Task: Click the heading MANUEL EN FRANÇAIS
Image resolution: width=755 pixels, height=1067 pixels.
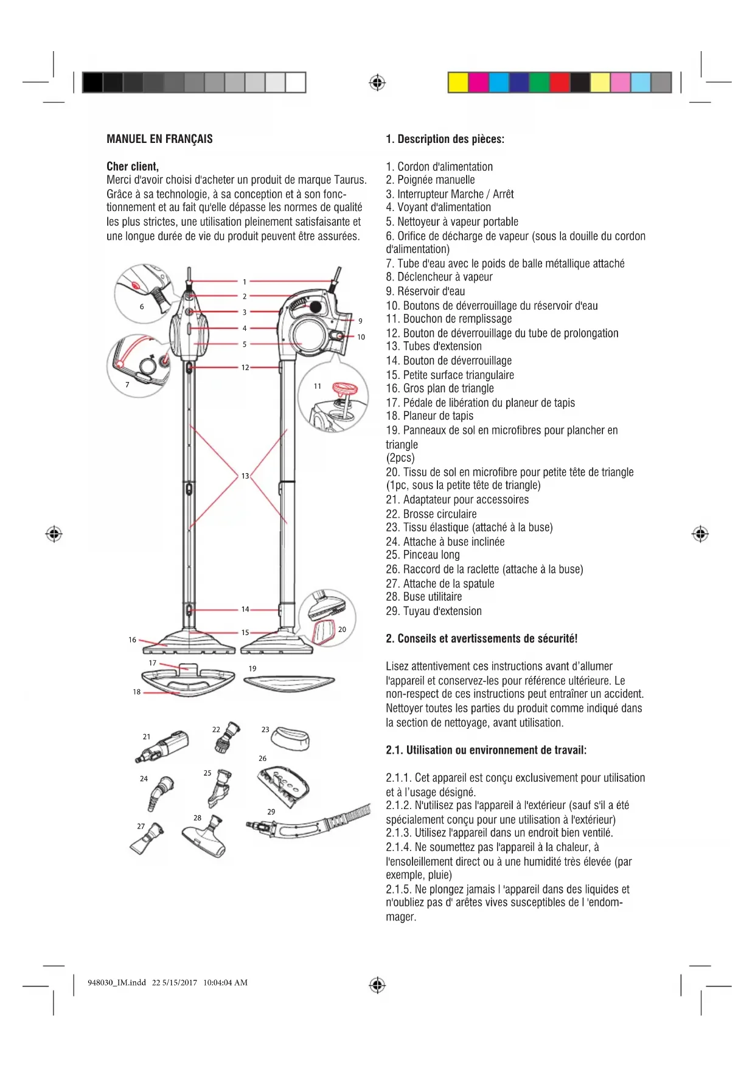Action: [159, 139]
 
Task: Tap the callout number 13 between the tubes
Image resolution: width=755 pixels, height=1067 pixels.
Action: [245, 476]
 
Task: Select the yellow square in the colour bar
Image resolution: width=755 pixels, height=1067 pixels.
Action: [458, 82]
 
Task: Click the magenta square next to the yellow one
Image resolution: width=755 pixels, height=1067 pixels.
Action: [478, 82]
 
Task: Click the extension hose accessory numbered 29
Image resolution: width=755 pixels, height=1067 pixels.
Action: [310, 822]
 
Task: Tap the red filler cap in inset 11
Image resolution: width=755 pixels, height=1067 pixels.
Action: [344, 389]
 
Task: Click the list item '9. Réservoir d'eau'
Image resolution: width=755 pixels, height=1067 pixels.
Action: [425, 291]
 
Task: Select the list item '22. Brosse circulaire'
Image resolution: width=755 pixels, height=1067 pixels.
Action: [431, 514]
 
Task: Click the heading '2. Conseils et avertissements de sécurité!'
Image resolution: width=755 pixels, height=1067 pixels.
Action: [481, 639]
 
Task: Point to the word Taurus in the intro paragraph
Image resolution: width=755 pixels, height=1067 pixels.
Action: [350, 180]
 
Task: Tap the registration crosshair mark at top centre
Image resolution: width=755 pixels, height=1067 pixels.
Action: [377, 82]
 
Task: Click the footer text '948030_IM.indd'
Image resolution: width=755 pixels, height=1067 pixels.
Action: [117, 982]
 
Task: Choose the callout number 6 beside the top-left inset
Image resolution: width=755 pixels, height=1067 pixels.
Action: [142, 307]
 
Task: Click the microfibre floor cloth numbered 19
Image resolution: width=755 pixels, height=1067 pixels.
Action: [289, 682]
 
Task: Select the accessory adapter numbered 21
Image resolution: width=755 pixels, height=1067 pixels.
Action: [163, 746]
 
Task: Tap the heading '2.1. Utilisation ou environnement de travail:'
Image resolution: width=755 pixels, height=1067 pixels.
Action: [486, 750]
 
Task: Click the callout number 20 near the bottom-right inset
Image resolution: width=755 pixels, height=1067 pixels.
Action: [342, 630]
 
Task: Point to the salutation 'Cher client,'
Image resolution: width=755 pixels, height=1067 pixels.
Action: [133, 167]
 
